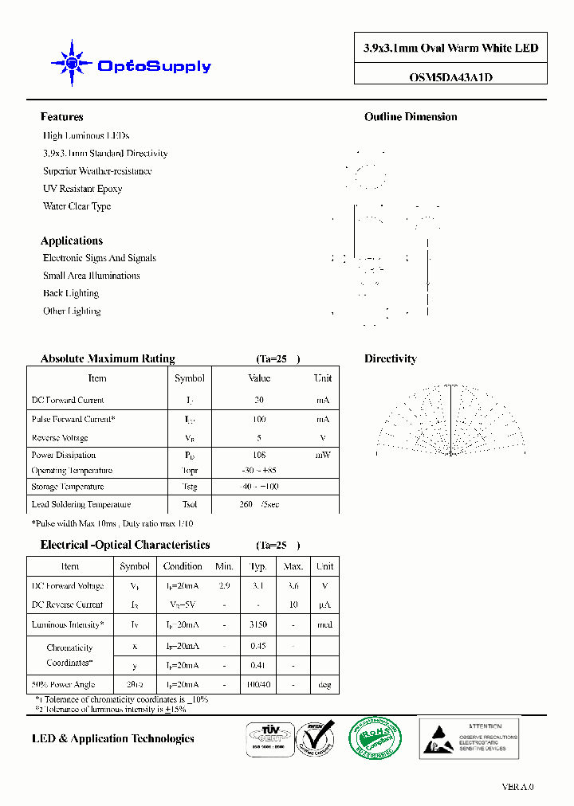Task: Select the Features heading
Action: (61, 117)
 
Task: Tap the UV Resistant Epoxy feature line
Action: (82, 189)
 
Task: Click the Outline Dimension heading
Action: (411, 117)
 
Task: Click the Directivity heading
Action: (391, 359)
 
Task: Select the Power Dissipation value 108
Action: (259, 456)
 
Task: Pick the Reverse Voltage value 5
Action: (259, 438)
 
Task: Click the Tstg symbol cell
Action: (189, 487)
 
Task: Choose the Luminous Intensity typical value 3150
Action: (258, 625)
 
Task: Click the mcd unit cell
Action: (324, 625)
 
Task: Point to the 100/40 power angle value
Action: (258, 685)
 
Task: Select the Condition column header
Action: (183, 566)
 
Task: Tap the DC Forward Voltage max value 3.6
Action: (293, 586)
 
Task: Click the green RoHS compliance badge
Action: (376, 738)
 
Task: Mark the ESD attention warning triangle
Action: (435, 738)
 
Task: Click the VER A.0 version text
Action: (517, 787)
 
